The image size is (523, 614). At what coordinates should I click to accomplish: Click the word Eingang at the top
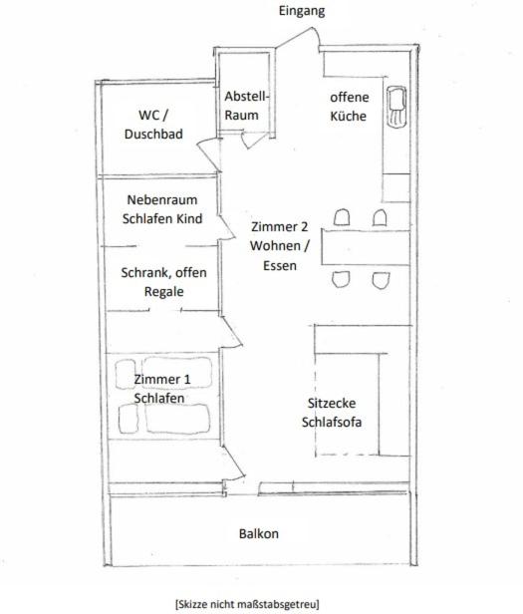[302, 11]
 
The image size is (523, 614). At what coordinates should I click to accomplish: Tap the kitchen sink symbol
[396, 107]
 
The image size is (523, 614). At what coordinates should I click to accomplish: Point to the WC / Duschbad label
[153, 125]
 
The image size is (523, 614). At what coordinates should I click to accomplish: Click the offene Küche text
[350, 107]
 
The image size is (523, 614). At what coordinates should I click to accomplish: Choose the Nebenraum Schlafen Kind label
[162, 209]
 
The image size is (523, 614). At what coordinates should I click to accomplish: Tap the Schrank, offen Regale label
[163, 282]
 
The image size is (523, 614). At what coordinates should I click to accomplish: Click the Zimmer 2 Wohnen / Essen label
[280, 246]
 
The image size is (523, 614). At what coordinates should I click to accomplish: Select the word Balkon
[259, 533]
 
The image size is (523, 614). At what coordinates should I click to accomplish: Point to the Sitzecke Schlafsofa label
[332, 413]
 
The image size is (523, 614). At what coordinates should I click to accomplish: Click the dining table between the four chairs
[366, 248]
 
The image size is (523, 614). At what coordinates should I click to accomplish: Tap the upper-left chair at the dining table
[342, 217]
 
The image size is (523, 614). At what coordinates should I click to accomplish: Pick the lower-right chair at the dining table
[381, 280]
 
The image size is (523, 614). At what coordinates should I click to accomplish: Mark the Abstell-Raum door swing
[254, 141]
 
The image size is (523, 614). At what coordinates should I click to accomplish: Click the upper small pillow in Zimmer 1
[125, 375]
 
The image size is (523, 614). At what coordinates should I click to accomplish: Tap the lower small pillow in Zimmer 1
[128, 419]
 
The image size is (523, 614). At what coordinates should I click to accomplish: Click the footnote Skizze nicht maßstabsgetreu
[247, 604]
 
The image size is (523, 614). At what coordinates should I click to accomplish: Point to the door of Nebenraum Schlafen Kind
[226, 227]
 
